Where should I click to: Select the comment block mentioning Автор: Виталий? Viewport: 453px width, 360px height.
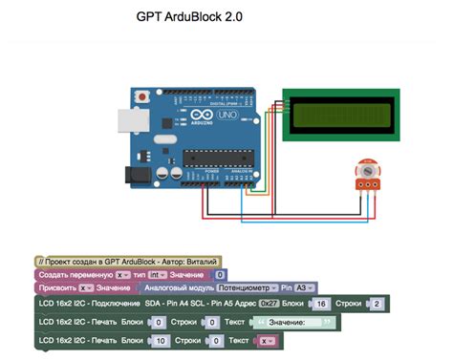(127, 260)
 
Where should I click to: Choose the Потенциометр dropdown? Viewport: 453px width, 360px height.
(247, 287)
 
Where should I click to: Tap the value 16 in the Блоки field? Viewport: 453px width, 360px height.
(321, 304)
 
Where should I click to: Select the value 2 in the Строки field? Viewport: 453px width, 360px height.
(377, 304)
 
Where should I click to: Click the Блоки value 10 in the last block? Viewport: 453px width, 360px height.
(161, 340)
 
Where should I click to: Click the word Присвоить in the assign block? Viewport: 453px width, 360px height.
(55, 287)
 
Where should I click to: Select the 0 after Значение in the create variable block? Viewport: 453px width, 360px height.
(220, 274)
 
